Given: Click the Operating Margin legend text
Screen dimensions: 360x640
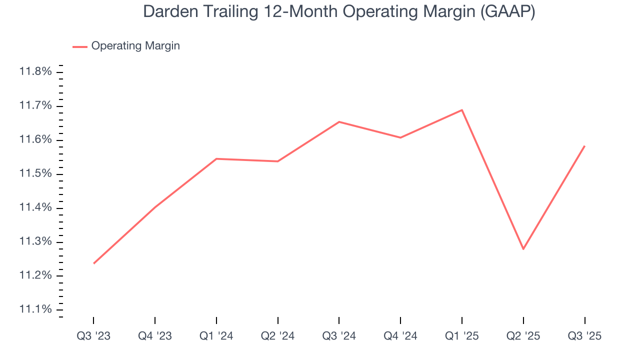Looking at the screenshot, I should click(x=135, y=46).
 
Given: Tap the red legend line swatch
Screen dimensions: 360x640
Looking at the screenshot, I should click(x=80, y=46).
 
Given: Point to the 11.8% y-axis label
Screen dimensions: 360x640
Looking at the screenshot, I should click(x=35, y=71).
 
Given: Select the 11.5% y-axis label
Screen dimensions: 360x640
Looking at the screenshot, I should click(x=35, y=173).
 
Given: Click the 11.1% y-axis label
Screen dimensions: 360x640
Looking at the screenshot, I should click(x=35, y=309).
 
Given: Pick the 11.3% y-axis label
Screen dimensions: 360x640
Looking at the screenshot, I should click(x=35, y=241).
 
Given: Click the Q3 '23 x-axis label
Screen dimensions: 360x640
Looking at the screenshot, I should click(x=93, y=336).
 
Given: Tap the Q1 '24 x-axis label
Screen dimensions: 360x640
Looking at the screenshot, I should click(x=216, y=336).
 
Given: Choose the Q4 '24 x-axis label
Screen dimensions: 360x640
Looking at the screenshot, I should click(x=400, y=336).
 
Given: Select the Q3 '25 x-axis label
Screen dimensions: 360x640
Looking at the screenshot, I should click(x=584, y=336).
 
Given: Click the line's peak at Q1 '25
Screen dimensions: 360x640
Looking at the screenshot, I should click(x=462, y=109).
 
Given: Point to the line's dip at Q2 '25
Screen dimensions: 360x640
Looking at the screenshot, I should click(x=523, y=249).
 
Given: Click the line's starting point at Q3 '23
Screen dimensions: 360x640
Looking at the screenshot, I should click(x=94, y=263).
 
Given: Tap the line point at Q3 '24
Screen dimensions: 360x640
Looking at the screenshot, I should click(x=339, y=121).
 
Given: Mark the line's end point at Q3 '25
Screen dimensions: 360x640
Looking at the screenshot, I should click(x=584, y=146).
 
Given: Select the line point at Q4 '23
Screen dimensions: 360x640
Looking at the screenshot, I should click(x=155, y=207).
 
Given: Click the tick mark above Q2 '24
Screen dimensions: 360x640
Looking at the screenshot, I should click(x=277, y=320).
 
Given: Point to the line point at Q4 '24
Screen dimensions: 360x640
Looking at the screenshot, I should click(x=400, y=137).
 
